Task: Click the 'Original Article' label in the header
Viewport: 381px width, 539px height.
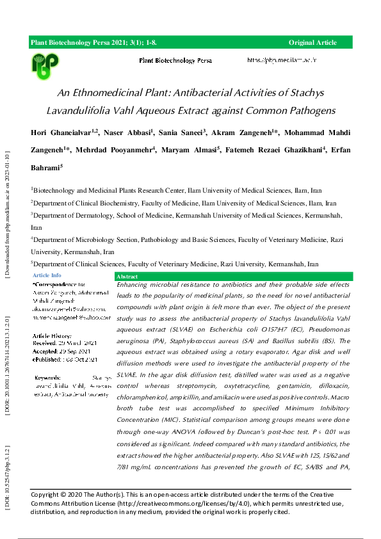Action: tap(312, 42)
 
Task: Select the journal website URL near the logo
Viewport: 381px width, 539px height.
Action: tap(282, 60)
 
